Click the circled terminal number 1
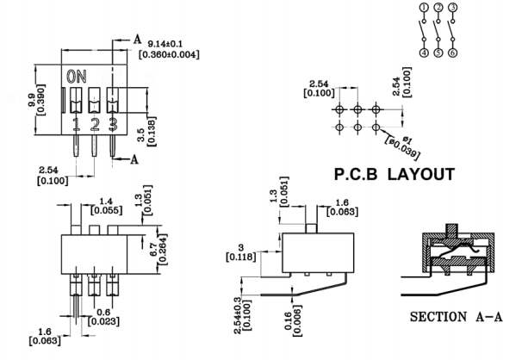point(424,8)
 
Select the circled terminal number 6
point(452,53)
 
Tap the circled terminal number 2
point(438,8)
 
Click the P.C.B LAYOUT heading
point(394,174)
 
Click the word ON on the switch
point(77,76)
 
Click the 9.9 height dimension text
point(32,100)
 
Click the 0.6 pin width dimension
point(104,312)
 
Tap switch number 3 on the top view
point(112,126)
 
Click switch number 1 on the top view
point(78,126)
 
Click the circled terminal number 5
point(438,53)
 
